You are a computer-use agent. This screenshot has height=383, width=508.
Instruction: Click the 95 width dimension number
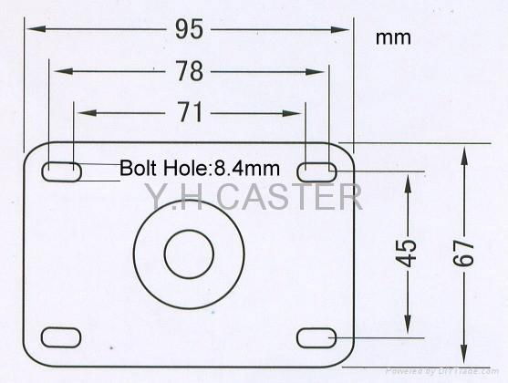[x=189, y=29]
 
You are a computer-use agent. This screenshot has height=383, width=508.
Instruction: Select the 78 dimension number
[x=189, y=71]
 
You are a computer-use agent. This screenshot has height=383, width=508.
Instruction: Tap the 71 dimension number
[x=189, y=113]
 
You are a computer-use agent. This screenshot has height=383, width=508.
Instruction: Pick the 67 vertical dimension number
[x=465, y=252]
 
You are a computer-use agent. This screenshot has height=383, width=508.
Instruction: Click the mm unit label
[x=392, y=38]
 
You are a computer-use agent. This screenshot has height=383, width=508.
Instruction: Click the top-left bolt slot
[x=61, y=171]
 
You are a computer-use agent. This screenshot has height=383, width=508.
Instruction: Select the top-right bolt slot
[x=316, y=169]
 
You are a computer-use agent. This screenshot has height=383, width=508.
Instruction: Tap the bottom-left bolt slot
[x=61, y=337]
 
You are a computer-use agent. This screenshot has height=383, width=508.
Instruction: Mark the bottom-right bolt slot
[x=316, y=337]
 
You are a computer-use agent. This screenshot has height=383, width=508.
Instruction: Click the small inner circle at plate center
[x=188, y=253]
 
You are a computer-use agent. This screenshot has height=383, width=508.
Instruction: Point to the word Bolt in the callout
[x=138, y=168]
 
